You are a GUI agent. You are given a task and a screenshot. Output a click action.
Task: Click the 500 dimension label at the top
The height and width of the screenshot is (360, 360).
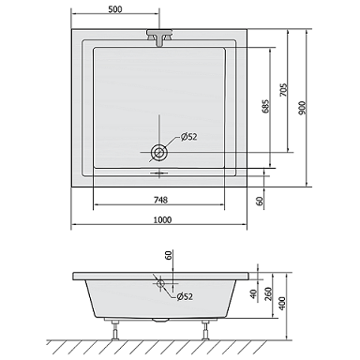click(115, 9)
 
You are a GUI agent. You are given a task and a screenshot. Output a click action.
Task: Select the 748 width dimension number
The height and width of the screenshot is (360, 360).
click(160, 200)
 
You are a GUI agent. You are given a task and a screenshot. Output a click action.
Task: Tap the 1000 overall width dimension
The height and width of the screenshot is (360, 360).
click(162, 220)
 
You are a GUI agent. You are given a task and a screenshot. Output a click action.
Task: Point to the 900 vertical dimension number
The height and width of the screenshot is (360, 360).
click(303, 108)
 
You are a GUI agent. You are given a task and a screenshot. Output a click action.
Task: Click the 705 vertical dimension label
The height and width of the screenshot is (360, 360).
click(283, 90)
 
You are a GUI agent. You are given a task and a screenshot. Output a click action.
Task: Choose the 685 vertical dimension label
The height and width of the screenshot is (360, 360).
click(265, 107)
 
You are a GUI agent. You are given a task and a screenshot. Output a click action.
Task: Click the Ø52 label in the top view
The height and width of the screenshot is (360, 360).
click(188, 137)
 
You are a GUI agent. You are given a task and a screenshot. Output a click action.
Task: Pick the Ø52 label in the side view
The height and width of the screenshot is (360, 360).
click(185, 296)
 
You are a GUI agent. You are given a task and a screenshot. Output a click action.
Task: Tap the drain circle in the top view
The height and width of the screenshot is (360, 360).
click(159, 153)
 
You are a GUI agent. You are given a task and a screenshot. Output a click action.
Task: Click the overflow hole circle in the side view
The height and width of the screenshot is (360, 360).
click(161, 283)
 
